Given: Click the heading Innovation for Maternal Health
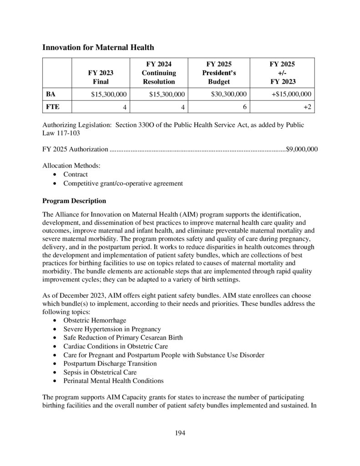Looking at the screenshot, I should pos(98,47).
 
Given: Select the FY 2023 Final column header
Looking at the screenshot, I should pos(101,77).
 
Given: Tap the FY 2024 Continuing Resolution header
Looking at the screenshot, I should pos(158,73).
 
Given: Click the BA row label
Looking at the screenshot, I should pos(51,94).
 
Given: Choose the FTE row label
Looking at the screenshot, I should pos(52,107).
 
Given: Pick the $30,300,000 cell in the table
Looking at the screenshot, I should pos(229,94).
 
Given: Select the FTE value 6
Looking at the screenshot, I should pos(245,107).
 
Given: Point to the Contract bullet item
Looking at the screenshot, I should pos(76,174).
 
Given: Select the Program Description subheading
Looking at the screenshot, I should pos(74,201).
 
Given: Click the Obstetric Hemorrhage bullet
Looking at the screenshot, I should pos(95,320).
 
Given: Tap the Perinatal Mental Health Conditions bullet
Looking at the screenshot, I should pos(113,381).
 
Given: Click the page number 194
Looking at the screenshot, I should pos(180,433).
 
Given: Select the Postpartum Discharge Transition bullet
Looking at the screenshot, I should pos(110,364).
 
